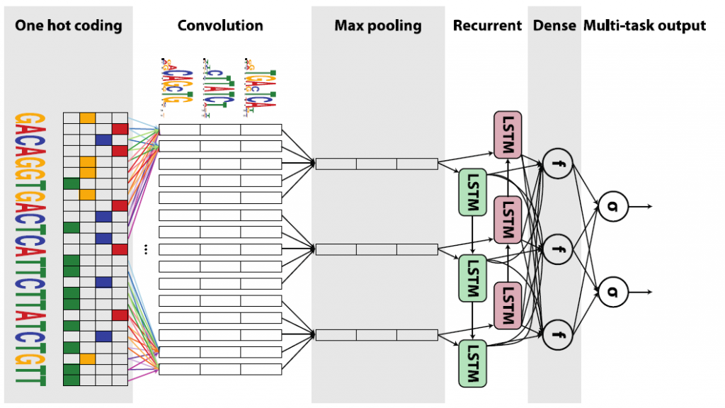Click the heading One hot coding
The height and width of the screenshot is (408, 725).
[x=68, y=26]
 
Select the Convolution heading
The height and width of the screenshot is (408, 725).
[x=220, y=26]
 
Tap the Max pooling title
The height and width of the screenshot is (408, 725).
[x=377, y=26]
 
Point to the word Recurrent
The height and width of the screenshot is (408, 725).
[x=487, y=26]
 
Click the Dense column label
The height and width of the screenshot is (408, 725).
[x=554, y=26]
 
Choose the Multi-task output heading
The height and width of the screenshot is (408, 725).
[x=644, y=26]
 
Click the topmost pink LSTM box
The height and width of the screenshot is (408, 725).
[x=507, y=135]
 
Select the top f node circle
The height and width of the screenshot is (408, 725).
[x=556, y=165]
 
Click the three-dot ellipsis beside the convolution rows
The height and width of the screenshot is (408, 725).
[x=146, y=249]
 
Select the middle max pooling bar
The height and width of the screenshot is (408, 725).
[x=377, y=249]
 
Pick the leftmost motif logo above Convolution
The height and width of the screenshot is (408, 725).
[x=171, y=83]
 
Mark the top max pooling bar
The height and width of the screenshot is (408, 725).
[x=377, y=164]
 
